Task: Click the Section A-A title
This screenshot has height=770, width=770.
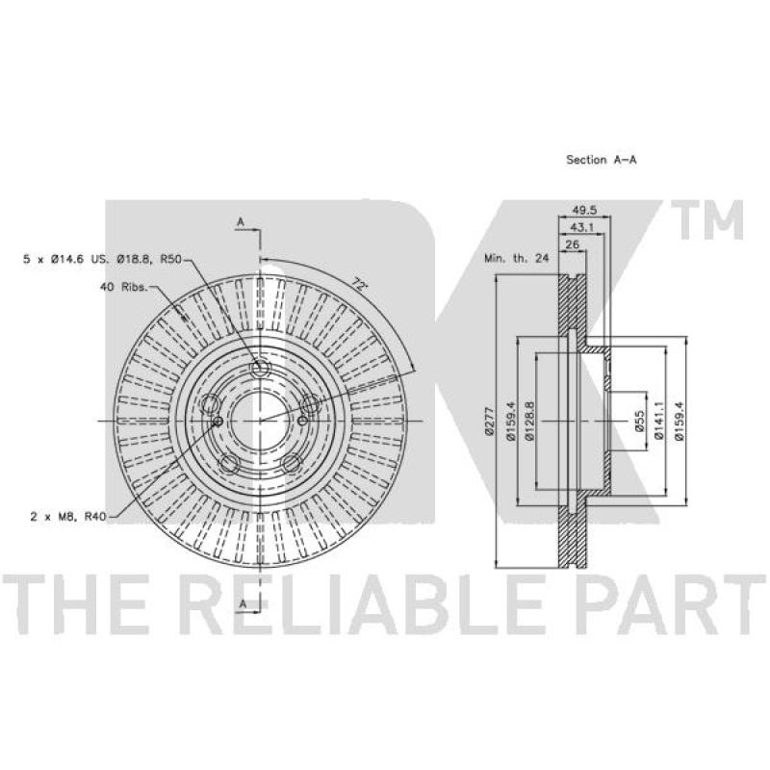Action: click(x=601, y=160)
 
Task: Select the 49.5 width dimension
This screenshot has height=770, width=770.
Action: click(x=584, y=210)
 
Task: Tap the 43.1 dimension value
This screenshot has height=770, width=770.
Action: click(x=581, y=227)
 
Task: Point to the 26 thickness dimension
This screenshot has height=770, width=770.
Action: click(x=572, y=244)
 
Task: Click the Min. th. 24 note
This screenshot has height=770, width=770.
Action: click(x=517, y=258)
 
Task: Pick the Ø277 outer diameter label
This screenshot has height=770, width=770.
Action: click(x=488, y=422)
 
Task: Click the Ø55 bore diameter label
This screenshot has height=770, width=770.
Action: click(x=639, y=422)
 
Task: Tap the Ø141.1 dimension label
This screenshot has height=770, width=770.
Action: click(x=659, y=421)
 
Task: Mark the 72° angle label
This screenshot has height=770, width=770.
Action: click(x=359, y=285)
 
